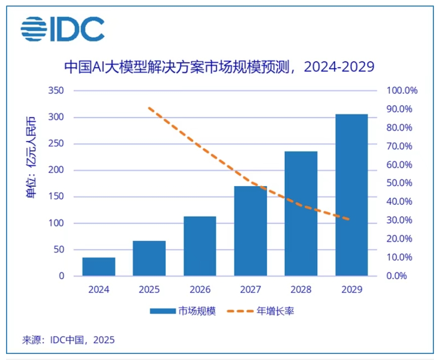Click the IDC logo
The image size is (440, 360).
pos(62,29)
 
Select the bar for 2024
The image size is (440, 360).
pos(99,266)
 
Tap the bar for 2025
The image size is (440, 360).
pos(149,258)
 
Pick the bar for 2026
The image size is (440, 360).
pos(200,246)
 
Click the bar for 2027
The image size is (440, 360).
pos(250,231)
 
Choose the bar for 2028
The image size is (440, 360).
pos(301,213)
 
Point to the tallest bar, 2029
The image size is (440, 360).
pos(351,195)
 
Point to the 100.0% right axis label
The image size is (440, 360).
pos(402,91)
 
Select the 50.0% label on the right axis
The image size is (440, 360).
pos(402,183)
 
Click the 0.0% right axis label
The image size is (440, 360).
pos(402,276)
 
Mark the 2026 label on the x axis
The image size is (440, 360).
pos(200,290)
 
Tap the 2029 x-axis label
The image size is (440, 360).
pos(351,290)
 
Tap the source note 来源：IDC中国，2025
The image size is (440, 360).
pos(68,339)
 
